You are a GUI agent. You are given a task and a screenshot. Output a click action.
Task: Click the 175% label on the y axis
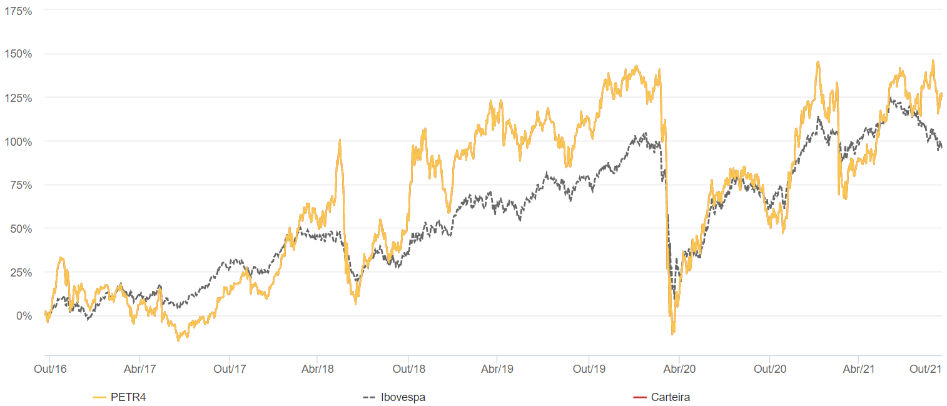click(18, 11)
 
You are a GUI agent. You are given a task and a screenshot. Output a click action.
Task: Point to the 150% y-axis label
click(18, 54)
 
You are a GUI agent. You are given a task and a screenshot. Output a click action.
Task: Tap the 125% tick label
click(18, 98)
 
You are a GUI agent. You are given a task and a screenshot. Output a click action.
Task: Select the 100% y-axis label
click(18, 141)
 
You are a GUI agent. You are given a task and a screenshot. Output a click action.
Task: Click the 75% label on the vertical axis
click(21, 185)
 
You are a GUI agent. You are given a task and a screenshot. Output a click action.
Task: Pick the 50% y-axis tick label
click(21, 229)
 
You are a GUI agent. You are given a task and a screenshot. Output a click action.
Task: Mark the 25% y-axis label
click(21, 273)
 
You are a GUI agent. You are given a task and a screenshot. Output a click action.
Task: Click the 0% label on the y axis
click(23, 317)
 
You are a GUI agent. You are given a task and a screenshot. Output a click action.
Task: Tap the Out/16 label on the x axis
click(50, 369)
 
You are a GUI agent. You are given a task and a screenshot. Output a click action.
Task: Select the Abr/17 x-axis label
click(139, 369)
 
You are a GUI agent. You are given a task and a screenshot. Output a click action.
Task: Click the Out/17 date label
click(230, 369)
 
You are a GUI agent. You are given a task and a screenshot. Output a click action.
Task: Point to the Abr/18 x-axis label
click(318, 369)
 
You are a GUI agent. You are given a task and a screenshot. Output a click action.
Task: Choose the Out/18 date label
click(408, 369)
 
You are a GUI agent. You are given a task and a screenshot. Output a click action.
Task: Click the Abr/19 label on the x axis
click(497, 369)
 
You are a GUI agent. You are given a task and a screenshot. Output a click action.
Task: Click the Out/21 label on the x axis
click(926, 369)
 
